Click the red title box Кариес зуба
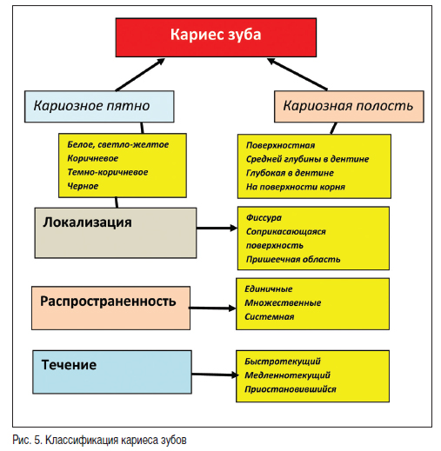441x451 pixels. click(216, 37)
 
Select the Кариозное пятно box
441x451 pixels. click(99, 106)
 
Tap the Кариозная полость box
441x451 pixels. click(349, 106)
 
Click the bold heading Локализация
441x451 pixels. click(87, 222)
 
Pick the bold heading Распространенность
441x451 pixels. click(108, 302)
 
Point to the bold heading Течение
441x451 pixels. click(69, 365)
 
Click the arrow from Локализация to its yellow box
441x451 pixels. click(217, 228)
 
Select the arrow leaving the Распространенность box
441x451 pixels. click(212, 308)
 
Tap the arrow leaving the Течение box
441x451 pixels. click(215, 375)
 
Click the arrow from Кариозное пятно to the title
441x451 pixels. click(140, 75)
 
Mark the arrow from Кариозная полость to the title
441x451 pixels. click(297, 74)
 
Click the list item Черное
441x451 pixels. click(83, 186)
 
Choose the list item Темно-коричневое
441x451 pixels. click(108, 172)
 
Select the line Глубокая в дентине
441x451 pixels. click(290, 173)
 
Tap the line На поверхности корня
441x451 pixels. click(296, 187)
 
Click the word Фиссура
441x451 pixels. click(264, 217)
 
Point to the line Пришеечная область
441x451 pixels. click(293, 259)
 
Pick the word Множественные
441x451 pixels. click(283, 302)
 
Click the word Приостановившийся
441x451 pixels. click(291, 389)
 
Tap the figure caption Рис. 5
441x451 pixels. click(28, 440)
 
